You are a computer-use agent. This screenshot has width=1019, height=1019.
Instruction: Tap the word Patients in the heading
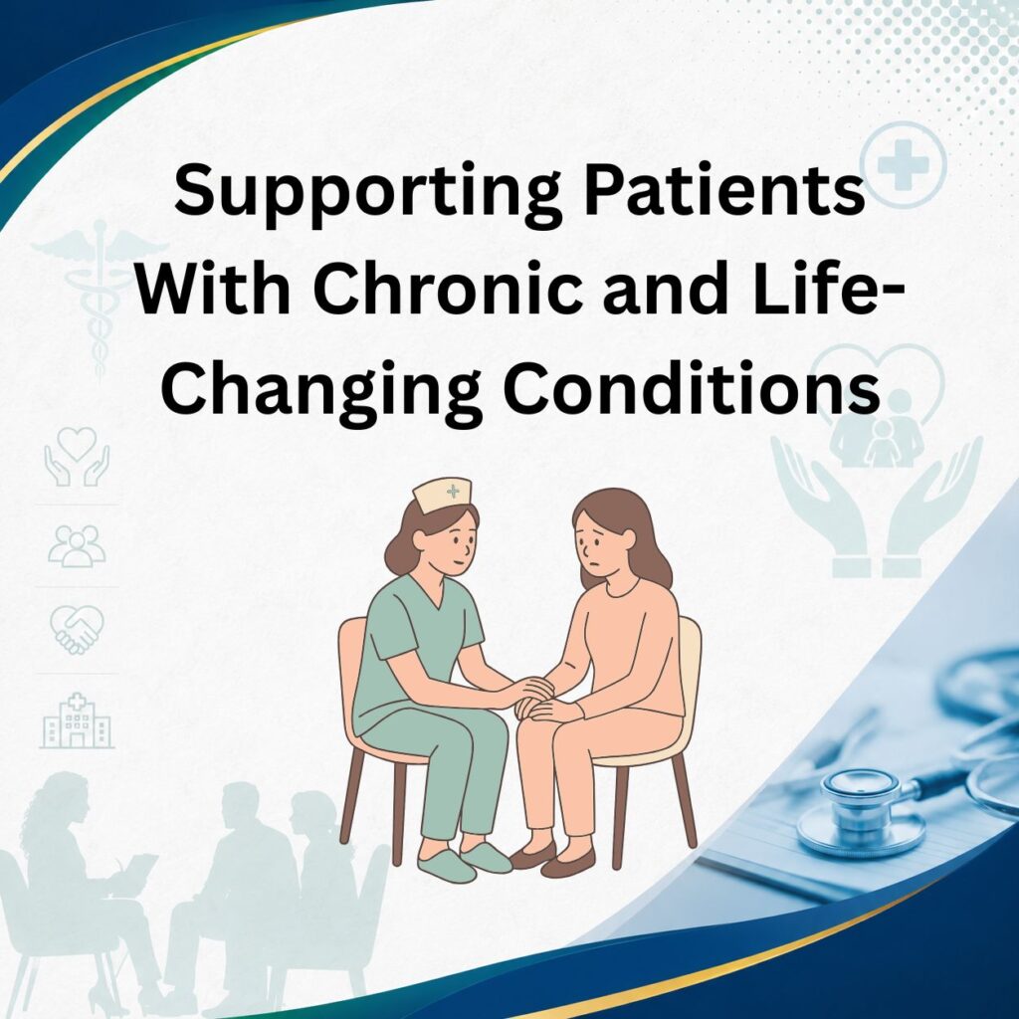click(724, 189)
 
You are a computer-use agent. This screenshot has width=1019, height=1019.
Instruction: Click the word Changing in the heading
click(321, 392)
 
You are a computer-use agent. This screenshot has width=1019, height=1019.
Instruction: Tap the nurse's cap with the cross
click(442, 496)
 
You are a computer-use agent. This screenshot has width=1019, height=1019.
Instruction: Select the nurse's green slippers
click(465, 861)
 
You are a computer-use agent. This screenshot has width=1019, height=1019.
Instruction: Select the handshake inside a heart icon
click(77, 629)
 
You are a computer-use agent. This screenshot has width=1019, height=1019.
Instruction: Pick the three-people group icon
click(77, 546)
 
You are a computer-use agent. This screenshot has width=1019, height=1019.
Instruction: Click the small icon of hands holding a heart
click(77, 456)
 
